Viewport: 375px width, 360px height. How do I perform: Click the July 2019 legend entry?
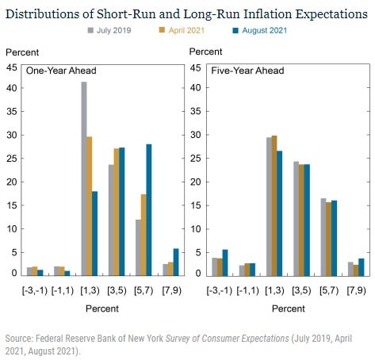tap(109, 30)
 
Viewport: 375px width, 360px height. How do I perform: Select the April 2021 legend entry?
tap(182, 30)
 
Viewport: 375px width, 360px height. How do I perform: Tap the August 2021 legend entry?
tap(259, 30)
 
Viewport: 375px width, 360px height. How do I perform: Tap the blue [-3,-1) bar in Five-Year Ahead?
tap(225, 262)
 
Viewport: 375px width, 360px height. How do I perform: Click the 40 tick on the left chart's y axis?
tap(12, 88)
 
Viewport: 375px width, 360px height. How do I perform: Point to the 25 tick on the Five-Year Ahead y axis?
tap(195, 159)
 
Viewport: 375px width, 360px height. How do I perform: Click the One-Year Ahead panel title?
tap(61, 71)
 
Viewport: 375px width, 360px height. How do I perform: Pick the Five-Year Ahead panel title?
tap(247, 71)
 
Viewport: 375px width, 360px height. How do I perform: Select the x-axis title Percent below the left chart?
tap(102, 308)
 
